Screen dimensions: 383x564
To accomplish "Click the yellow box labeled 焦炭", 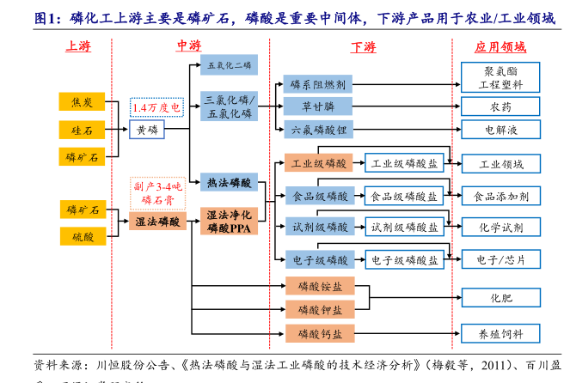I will coord(83,102).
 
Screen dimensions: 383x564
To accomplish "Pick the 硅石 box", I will coord(83,130).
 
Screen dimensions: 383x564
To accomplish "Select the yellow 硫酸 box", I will coord(83,236).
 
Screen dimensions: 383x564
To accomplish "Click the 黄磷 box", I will coord(147,130).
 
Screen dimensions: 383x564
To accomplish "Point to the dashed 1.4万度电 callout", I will coord(156,106).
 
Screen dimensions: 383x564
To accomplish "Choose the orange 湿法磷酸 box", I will coord(157,222).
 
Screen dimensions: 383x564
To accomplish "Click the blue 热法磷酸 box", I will coord(229,182).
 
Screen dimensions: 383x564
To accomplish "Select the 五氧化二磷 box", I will coord(228,64).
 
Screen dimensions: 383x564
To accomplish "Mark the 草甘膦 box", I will coord(317,106).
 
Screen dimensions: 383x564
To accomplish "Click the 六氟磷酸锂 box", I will coord(317,130).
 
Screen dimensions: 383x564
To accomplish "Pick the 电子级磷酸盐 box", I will coord(404,258).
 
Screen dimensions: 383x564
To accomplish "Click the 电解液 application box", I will coord(501,130).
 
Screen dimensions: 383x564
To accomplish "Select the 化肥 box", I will coord(501,298).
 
